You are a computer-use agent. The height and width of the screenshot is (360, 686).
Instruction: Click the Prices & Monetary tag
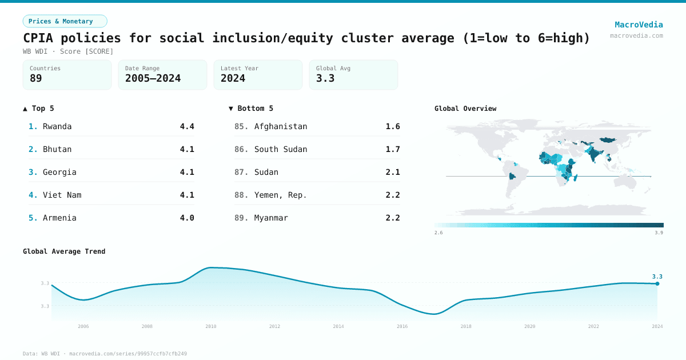(x=65, y=21)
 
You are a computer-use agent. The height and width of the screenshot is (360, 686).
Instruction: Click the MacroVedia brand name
(x=639, y=25)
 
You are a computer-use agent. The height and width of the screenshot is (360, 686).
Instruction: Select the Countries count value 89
(x=36, y=78)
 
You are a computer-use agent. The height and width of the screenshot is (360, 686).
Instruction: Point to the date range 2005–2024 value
(x=153, y=78)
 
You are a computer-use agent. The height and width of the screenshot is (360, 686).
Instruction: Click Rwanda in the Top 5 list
(x=57, y=126)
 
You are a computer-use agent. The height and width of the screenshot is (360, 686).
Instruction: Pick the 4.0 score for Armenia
(x=187, y=218)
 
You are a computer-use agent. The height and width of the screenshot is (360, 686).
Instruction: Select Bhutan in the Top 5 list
(x=57, y=149)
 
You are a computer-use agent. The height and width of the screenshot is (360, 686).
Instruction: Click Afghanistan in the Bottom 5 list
(x=281, y=126)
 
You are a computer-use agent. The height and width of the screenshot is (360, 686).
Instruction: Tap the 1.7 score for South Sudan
(x=393, y=149)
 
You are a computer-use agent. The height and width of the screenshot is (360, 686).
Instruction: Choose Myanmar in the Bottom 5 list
(x=271, y=218)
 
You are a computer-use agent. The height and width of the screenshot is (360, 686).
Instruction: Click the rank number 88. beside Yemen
(x=241, y=195)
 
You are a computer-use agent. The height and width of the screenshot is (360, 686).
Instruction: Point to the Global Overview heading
(x=465, y=109)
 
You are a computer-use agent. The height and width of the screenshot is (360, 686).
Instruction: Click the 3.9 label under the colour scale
(x=659, y=233)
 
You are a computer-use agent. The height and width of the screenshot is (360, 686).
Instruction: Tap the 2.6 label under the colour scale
(x=438, y=233)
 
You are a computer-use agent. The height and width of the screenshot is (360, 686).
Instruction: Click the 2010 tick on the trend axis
(x=211, y=326)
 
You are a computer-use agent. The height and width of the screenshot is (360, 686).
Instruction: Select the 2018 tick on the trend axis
(x=466, y=326)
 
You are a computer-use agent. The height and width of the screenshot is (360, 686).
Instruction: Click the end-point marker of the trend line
(x=657, y=283)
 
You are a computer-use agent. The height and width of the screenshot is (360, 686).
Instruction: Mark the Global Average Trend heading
(x=64, y=251)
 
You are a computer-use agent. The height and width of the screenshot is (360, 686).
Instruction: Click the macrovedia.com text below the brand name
(x=636, y=35)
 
